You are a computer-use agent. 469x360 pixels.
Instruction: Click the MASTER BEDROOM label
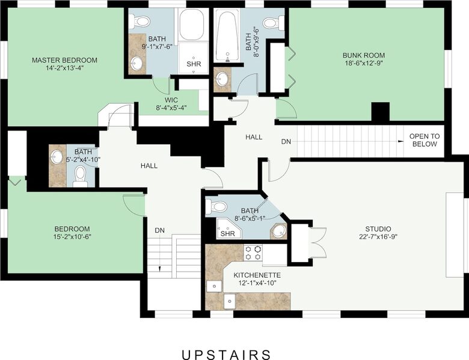[64, 60]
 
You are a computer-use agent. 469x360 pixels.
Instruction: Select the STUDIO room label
[378, 229]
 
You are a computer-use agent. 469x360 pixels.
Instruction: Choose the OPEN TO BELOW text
[424, 140]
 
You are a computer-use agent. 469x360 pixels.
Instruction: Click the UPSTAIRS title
[226, 355]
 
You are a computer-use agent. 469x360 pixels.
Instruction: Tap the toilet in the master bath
[141, 22]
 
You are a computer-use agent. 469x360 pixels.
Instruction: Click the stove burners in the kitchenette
[253, 252]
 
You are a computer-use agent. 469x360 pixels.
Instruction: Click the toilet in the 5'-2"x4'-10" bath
[81, 177]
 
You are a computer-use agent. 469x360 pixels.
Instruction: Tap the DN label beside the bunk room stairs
[287, 142]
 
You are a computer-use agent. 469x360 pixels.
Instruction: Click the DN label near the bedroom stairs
[159, 230]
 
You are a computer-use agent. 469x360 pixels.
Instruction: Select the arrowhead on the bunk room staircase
[399, 141]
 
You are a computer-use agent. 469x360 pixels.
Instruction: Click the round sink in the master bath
[138, 63]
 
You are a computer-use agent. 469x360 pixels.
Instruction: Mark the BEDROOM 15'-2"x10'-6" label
[72, 229]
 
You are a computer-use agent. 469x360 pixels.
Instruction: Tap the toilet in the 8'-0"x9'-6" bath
[271, 23]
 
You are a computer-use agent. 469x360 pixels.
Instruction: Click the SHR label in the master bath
[194, 64]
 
